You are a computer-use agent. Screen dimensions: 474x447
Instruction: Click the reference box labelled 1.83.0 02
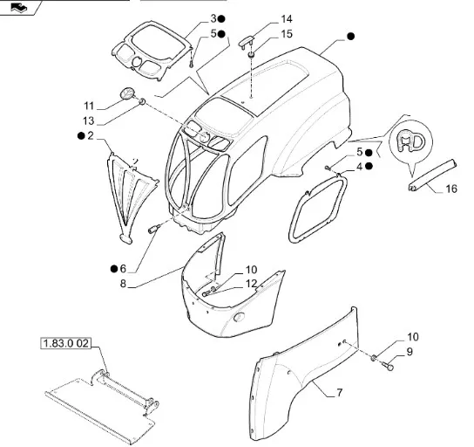click(x=65, y=343)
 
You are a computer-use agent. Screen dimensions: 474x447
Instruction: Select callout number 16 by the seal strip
click(x=451, y=189)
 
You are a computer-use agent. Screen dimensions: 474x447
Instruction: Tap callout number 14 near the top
click(x=287, y=19)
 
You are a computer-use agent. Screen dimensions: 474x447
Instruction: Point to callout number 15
click(x=287, y=34)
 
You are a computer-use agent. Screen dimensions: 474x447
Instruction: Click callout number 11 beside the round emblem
click(x=89, y=106)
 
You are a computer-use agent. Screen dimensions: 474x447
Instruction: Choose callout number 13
click(x=89, y=121)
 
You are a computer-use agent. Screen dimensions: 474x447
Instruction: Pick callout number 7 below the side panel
click(x=340, y=393)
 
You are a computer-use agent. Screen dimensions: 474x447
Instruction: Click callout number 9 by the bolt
click(x=410, y=352)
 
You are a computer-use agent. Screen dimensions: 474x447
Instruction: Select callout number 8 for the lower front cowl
click(x=123, y=284)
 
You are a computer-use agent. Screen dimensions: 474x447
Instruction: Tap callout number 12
click(x=251, y=284)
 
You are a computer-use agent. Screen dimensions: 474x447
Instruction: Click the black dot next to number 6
click(x=114, y=269)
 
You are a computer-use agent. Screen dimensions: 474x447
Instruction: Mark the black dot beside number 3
click(x=221, y=19)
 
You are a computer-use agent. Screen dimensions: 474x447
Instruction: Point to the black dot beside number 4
click(x=369, y=166)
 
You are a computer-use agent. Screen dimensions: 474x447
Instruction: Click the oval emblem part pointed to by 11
click(x=126, y=93)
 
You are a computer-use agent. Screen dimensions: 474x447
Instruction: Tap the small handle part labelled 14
click(x=247, y=41)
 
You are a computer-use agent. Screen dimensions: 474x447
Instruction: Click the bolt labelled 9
click(x=387, y=366)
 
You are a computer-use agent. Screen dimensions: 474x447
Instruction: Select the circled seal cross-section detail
click(x=410, y=141)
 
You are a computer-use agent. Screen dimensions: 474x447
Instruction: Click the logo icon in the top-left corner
click(x=19, y=7)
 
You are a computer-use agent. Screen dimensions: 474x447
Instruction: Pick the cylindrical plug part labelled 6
click(x=153, y=230)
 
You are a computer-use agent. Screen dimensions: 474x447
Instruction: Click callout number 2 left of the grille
click(x=91, y=136)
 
